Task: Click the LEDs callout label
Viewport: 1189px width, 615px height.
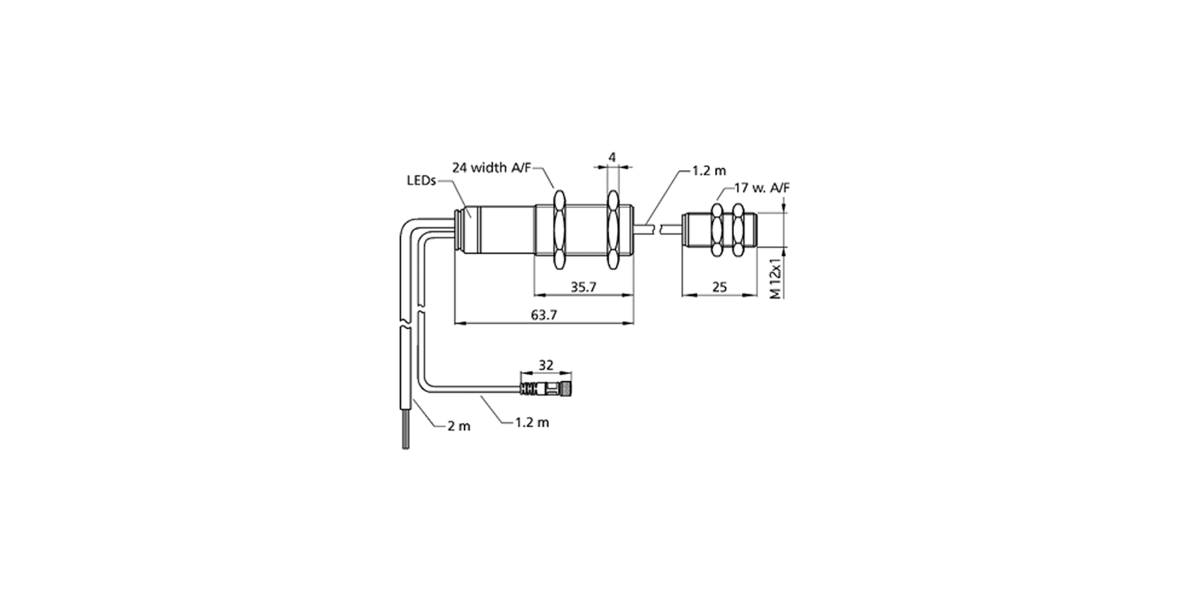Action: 421,180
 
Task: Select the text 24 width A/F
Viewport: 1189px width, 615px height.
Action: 491,168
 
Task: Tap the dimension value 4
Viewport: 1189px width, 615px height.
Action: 612,158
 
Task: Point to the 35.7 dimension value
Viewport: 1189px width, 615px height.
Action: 584,287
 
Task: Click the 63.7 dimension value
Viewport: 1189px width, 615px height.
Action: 544,315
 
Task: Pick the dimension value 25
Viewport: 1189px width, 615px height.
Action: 719,287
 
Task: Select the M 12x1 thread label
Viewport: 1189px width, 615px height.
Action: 776,279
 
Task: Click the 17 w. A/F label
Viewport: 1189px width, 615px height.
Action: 762,188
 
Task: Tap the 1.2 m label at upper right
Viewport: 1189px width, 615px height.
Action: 709,171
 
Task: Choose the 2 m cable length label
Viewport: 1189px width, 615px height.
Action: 459,426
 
